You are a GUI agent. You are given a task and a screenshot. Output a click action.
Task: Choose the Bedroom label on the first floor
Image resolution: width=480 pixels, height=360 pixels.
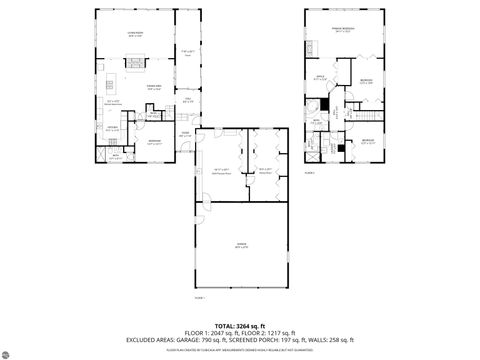click(155, 141)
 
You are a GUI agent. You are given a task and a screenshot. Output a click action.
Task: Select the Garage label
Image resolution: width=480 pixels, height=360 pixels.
click(241, 245)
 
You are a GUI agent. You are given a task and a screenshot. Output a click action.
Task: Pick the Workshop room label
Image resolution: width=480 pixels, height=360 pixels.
click(265, 170)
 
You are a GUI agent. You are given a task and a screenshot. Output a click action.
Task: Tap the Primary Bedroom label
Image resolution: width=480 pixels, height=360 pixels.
click(344, 31)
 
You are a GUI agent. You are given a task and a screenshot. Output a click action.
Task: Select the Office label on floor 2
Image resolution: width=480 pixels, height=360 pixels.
click(321, 77)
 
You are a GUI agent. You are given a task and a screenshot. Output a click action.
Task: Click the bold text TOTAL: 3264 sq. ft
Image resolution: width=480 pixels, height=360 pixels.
click(240, 326)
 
